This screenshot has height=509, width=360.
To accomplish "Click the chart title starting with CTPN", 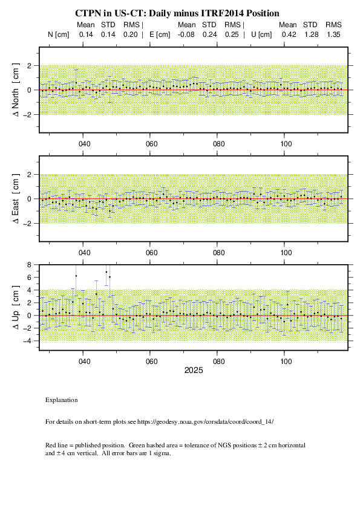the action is pos(177,13).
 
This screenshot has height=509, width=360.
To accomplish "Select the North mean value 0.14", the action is pos(86,34).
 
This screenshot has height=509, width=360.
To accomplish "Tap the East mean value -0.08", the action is pos(186,34).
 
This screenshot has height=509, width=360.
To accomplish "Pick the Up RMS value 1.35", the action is pos(333,34).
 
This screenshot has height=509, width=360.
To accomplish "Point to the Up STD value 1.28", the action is pos(311,34).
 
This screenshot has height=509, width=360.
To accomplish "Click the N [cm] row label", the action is pos(59,34).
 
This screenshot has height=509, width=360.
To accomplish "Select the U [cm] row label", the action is pos(261,34).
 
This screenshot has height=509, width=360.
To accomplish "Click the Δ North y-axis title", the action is pos(16,90).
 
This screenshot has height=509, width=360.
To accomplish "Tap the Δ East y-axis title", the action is pos(16,199).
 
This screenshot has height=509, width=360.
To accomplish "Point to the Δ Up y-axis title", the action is pos(16,307).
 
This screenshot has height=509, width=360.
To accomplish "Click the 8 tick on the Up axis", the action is pos(29,265).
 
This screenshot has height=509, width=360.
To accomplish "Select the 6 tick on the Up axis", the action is pos(29,277).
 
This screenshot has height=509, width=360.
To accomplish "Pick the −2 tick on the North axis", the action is pos(27,115).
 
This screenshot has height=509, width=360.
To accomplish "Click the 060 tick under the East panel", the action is pos(151,253).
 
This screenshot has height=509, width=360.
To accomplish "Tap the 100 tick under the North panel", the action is pos(286,144).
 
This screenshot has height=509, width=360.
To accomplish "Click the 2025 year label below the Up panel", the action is pos(194,371).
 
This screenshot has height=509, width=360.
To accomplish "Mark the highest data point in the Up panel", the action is pos(106,272).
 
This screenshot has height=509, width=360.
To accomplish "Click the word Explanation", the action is pos(61,400).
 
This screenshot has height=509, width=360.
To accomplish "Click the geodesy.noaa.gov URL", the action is pos(205,422).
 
